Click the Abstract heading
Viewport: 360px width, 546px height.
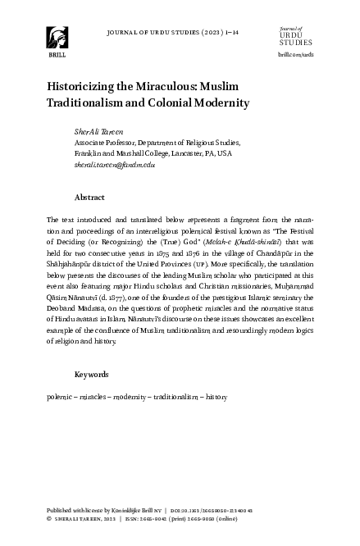89,198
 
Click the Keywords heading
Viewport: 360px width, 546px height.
91,374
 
